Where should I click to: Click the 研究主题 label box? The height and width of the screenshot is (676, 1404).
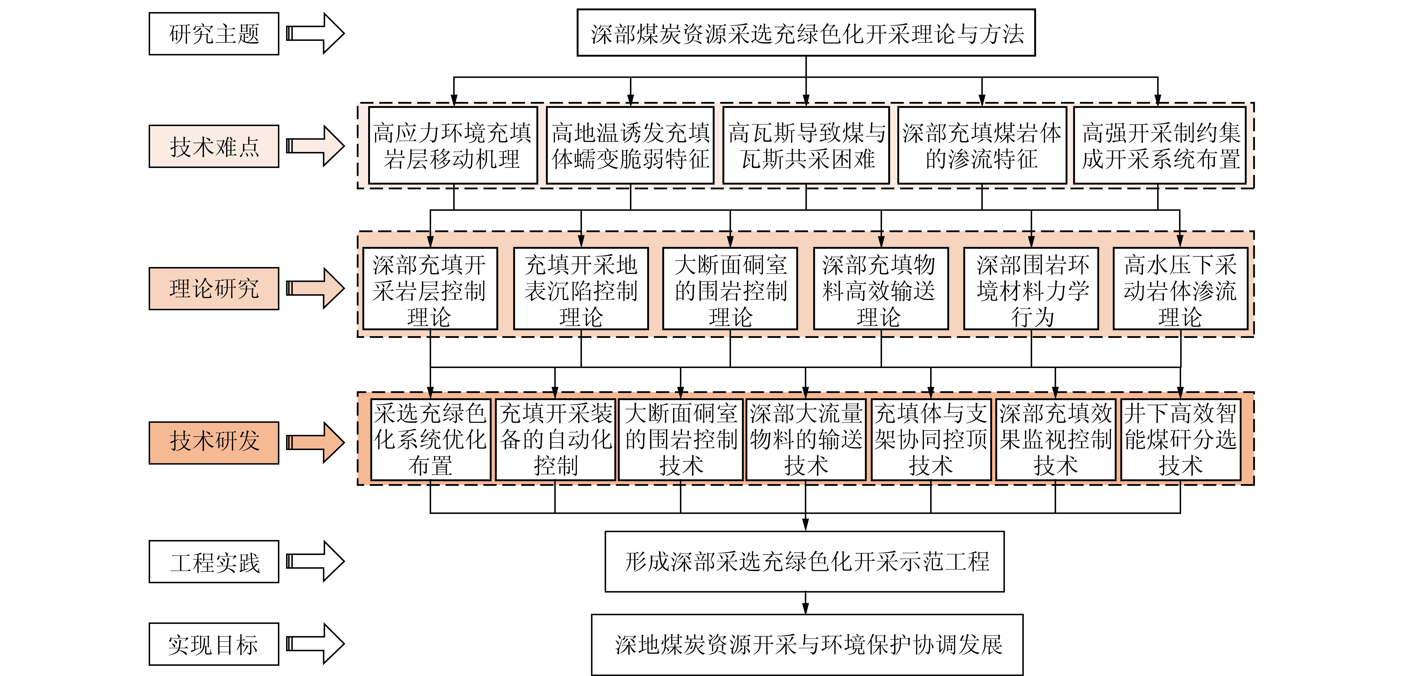click(214, 34)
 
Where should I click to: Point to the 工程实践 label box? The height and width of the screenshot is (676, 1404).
click(214, 562)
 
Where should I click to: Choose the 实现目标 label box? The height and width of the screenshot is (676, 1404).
click(214, 644)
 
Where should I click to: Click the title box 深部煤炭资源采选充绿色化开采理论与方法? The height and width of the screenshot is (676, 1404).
click(806, 33)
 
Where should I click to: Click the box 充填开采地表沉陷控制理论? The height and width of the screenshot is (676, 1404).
click(581, 289)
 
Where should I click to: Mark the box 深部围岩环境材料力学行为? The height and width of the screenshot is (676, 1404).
click(1031, 289)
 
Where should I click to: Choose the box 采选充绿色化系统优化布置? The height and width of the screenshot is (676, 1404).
click(430, 440)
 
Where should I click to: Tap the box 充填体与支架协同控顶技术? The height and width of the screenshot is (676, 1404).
click(931, 440)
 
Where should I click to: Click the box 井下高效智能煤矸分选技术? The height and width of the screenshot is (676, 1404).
click(1181, 440)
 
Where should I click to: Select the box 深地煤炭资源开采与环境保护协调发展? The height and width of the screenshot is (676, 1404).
click(807, 645)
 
